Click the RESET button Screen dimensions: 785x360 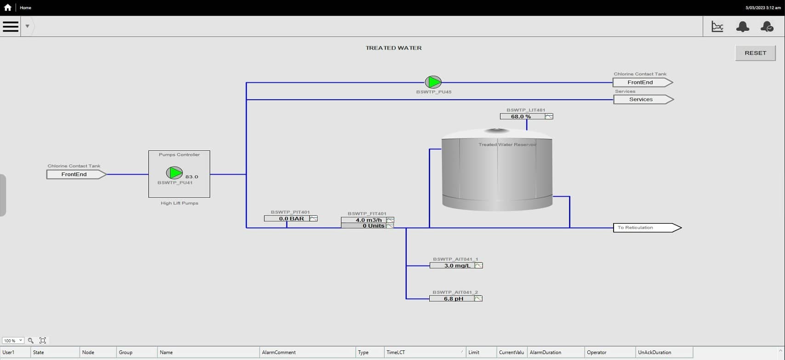(755, 53)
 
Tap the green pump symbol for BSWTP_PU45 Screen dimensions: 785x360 (433, 82)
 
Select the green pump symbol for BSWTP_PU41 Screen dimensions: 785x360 (174, 173)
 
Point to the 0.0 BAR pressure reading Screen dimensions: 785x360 (291, 218)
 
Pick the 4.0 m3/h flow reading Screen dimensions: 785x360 (368, 220)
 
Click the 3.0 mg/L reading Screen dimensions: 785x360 (457, 266)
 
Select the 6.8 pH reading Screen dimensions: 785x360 (453, 299)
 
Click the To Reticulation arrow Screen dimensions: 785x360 (647, 228)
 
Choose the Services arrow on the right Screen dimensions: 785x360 (643, 100)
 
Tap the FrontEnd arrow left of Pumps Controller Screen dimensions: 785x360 (76, 174)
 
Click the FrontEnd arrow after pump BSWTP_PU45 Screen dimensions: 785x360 (643, 82)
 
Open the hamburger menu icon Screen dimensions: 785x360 (11, 26)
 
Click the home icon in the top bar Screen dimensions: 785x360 (8, 7)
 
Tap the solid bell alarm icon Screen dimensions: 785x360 (743, 27)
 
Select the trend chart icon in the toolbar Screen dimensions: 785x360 (717, 27)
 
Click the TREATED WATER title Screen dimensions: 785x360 (393, 48)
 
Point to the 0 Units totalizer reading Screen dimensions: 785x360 (368, 226)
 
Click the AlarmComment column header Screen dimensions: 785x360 (279, 352)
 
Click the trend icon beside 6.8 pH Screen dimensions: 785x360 (478, 299)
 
